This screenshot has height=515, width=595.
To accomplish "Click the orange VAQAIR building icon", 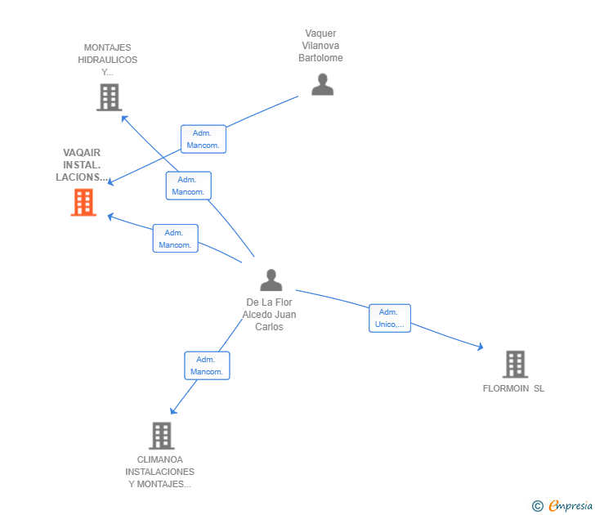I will pyautogui.click(x=83, y=202).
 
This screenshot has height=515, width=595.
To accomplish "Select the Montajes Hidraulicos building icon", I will pyautogui.click(x=109, y=97).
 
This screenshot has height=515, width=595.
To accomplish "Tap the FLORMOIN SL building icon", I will pyautogui.click(x=514, y=364).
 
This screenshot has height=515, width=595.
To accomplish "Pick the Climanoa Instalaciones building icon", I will pyautogui.click(x=161, y=435).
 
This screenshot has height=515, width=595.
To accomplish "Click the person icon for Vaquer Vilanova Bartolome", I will pyautogui.click(x=322, y=84).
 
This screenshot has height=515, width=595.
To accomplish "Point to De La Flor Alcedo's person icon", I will pyautogui.click(x=271, y=280).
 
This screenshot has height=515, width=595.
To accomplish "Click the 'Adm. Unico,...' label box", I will pyautogui.click(x=389, y=318).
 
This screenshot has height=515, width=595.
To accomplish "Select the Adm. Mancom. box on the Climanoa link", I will pyautogui.click(x=207, y=365).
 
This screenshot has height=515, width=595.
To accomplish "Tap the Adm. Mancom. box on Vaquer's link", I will pyautogui.click(x=203, y=139).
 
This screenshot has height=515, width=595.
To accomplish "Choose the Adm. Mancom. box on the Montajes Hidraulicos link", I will pyautogui.click(x=188, y=186).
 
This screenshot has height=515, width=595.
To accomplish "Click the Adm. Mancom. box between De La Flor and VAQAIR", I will pyautogui.click(x=175, y=238).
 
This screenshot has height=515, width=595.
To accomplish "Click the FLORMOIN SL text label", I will pyautogui.click(x=513, y=388).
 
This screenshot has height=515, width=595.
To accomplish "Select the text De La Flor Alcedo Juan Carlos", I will pyautogui.click(x=271, y=315).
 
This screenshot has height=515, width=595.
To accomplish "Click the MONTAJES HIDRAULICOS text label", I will pyautogui.click(x=108, y=60).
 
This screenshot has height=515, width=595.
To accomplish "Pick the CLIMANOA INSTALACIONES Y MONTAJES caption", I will pyautogui.click(x=160, y=472).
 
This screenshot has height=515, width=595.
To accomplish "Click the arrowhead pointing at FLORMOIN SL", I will pyautogui.click(x=481, y=348).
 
